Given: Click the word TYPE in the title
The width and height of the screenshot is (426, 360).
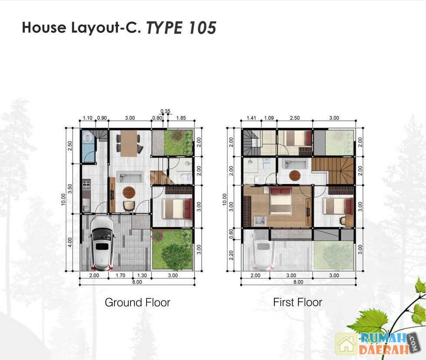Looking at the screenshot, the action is [x=165, y=28].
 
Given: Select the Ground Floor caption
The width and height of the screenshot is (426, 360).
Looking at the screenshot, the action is [x=137, y=302].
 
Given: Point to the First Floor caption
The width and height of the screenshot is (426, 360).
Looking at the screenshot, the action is [x=297, y=302].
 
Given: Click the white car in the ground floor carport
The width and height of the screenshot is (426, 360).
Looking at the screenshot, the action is [x=102, y=244].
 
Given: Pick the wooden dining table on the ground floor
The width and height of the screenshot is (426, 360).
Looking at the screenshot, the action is [x=129, y=143].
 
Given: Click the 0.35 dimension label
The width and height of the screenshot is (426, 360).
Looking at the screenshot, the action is [x=165, y=111].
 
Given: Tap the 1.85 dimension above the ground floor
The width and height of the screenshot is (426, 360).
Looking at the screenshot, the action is [x=181, y=118].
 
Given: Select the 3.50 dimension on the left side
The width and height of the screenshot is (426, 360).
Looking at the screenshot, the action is [x=70, y=188].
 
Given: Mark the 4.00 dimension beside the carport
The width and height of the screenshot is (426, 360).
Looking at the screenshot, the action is [x=70, y=242].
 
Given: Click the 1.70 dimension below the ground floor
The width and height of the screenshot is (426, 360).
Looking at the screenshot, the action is [x=120, y=275].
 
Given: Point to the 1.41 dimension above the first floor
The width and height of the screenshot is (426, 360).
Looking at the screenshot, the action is [x=251, y=118].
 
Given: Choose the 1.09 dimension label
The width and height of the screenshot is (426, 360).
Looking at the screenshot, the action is [x=269, y=118].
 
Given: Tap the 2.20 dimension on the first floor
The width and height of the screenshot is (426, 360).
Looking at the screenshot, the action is [x=231, y=255].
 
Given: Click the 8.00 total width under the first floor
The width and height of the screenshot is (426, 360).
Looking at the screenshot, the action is [x=298, y=282].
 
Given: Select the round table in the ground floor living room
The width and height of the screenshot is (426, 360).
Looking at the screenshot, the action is [x=129, y=192].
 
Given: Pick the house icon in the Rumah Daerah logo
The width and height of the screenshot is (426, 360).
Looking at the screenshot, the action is [x=346, y=344].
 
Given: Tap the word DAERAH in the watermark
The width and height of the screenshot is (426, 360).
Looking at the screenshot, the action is [x=383, y=349].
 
